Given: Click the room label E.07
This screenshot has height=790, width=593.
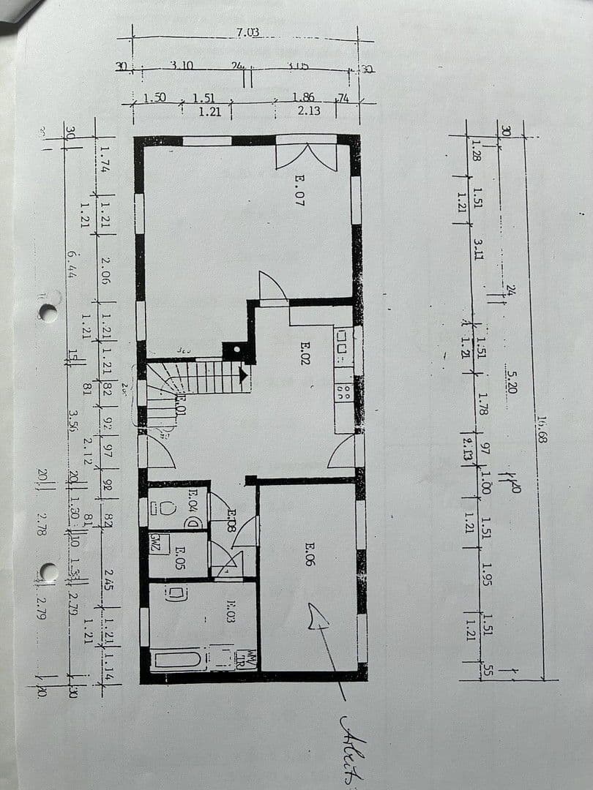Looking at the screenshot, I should [299, 189].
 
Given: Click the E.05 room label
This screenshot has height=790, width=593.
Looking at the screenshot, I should [179, 558].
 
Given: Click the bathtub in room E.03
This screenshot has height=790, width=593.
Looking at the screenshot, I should [178, 660].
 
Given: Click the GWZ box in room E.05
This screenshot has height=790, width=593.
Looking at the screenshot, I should [155, 543].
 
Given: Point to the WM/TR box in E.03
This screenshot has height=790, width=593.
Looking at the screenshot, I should [250, 658].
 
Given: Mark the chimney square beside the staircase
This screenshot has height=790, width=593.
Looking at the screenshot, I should [236, 352].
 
